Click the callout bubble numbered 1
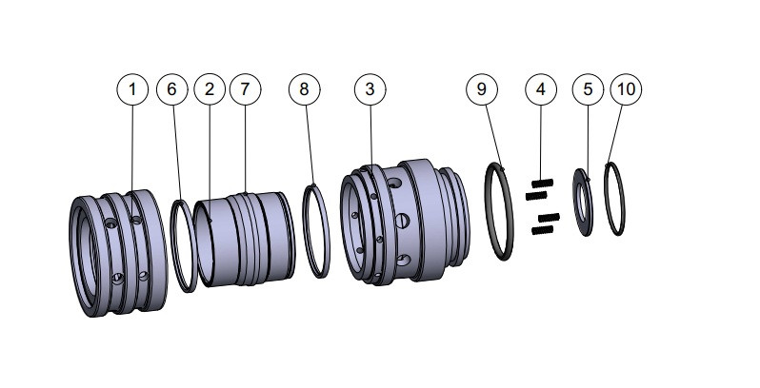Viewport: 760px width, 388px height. click(132, 89)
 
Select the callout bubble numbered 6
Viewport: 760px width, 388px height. click(171, 89)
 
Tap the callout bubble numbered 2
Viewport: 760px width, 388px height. click(209, 89)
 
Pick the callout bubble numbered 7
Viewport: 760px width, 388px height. click(245, 89)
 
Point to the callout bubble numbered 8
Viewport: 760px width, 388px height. click(304, 89)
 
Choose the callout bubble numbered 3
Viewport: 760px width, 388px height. click(370, 89)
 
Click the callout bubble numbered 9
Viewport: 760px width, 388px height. click(482, 89)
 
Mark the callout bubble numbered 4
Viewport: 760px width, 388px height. click(540, 89)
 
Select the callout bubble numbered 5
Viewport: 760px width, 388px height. click(588, 89)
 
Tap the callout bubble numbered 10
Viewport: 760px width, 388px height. click(626, 89)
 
